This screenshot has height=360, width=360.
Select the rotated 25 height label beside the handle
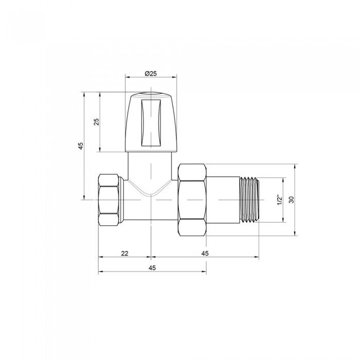coord(96,122)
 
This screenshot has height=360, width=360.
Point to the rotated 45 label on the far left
coord(80,146)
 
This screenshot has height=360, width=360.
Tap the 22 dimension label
coord(124,253)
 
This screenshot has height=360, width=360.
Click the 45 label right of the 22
coord(205,253)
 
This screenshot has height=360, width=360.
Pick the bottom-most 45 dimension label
coord(152,268)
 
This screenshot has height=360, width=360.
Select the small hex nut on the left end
coord(110,200)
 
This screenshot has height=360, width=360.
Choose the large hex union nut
coord(191,200)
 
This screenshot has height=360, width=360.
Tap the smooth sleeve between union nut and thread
coord(223,200)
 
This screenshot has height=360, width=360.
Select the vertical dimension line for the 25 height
coord(100,139)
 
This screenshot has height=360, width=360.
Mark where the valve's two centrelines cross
coord(151,200)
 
